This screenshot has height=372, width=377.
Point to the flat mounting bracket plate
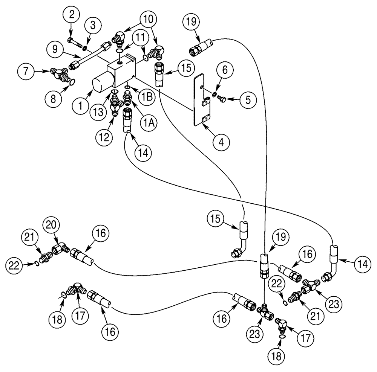coord(200,100)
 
